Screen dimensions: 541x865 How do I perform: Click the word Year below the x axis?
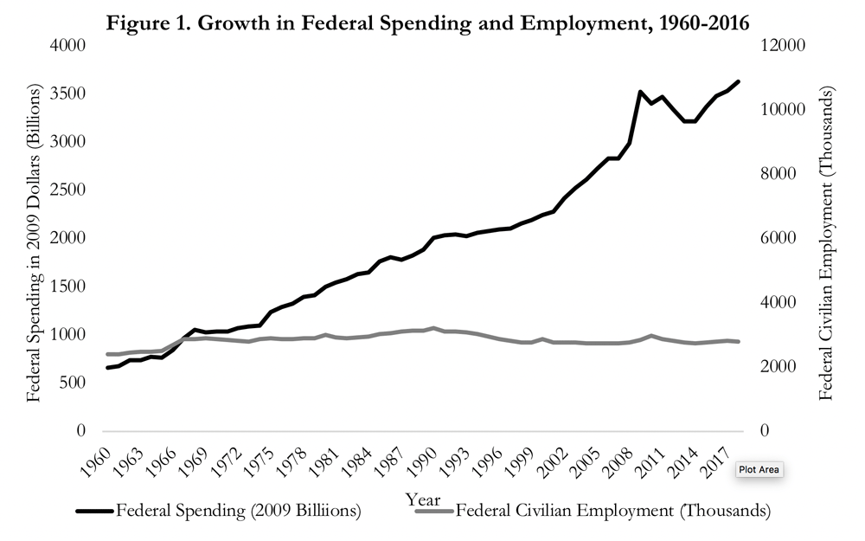[424, 500]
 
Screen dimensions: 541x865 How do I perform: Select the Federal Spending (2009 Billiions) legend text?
[238, 512]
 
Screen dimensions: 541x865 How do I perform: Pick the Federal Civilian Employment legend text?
[612, 512]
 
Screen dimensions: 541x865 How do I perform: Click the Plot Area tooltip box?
[759, 470]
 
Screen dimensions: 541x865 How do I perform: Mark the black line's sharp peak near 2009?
[639, 91]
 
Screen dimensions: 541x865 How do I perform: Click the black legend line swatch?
[94, 512]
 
